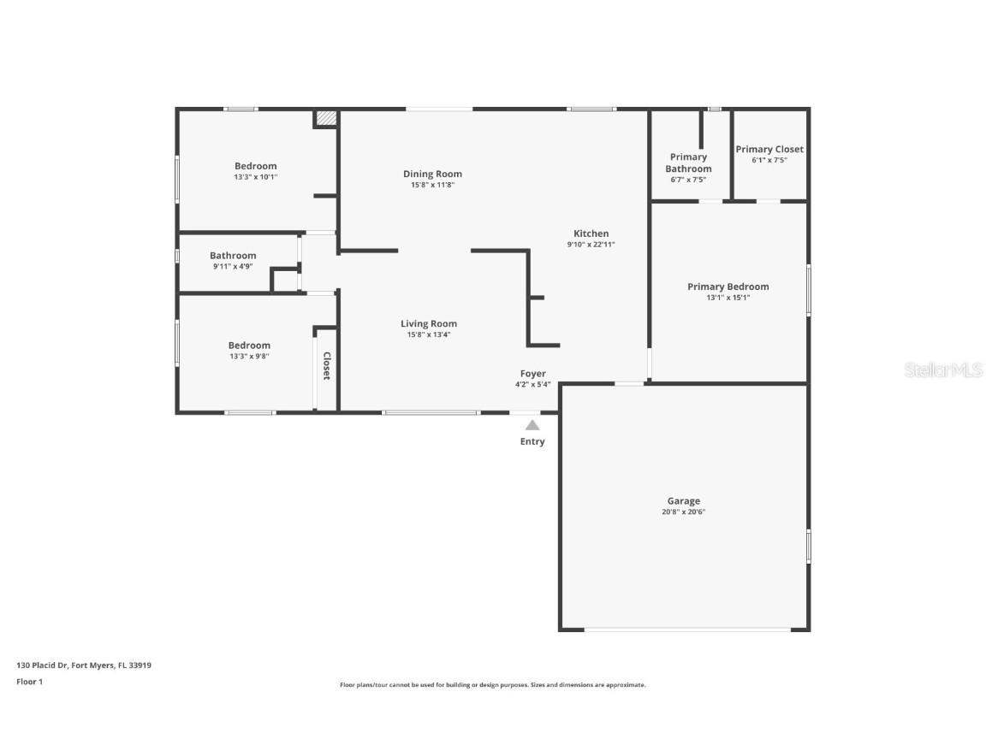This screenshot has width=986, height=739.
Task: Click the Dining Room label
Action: pyautogui.click(x=432, y=174)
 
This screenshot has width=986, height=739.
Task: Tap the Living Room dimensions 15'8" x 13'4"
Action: pyautogui.click(x=429, y=334)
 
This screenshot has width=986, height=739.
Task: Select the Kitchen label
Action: pyautogui.click(x=591, y=234)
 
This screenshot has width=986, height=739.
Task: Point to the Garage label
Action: pyautogui.click(x=683, y=501)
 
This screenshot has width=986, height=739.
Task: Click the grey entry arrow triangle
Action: pyautogui.click(x=532, y=424)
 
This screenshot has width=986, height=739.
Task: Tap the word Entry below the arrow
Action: pyautogui.click(x=532, y=441)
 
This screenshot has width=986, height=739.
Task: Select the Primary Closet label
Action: pyautogui.click(x=769, y=149)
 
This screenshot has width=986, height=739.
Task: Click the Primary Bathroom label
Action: pyautogui.click(x=688, y=163)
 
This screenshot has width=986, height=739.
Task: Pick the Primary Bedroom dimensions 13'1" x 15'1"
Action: pyautogui.click(x=728, y=298)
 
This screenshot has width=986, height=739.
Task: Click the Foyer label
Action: pyautogui.click(x=532, y=374)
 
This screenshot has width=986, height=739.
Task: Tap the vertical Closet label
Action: pyautogui.click(x=326, y=366)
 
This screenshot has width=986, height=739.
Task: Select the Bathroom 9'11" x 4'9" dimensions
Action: pyautogui.click(x=233, y=266)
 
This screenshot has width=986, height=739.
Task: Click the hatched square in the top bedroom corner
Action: pyautogui.click(x=324, y=119)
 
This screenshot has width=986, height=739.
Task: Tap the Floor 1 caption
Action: pyautogui.click(x=29, y=682)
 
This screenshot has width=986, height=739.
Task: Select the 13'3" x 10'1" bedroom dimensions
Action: pyautogui.click(x=255, y=177)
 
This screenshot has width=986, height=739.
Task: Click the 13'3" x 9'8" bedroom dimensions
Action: pyautogui.click(x=249, y=357)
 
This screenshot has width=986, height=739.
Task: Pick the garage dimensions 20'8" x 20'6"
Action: pyautogui.click(x=683, y=511)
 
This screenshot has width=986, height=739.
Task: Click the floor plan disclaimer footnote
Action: pyautogui.click(x=492, y=685)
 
